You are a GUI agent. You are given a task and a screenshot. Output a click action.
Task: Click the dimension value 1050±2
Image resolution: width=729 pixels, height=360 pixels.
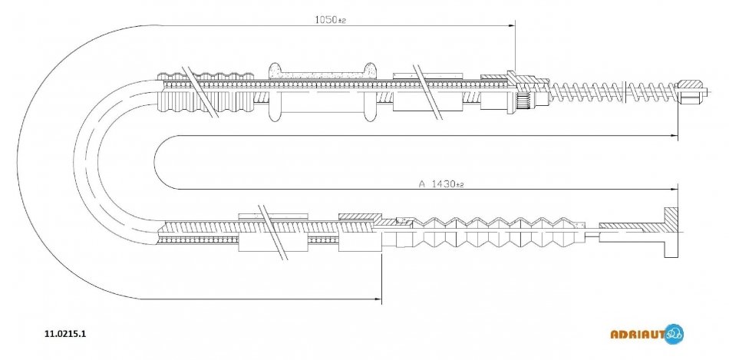(x=331, y=21)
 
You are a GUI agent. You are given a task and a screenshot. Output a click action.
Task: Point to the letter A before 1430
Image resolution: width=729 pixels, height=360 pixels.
(x=421, y=184)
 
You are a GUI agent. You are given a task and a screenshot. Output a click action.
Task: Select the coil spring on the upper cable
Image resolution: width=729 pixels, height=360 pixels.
(x=614, y=91)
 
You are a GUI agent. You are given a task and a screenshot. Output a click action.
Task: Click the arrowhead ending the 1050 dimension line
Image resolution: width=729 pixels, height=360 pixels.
(x=512, y=26)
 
